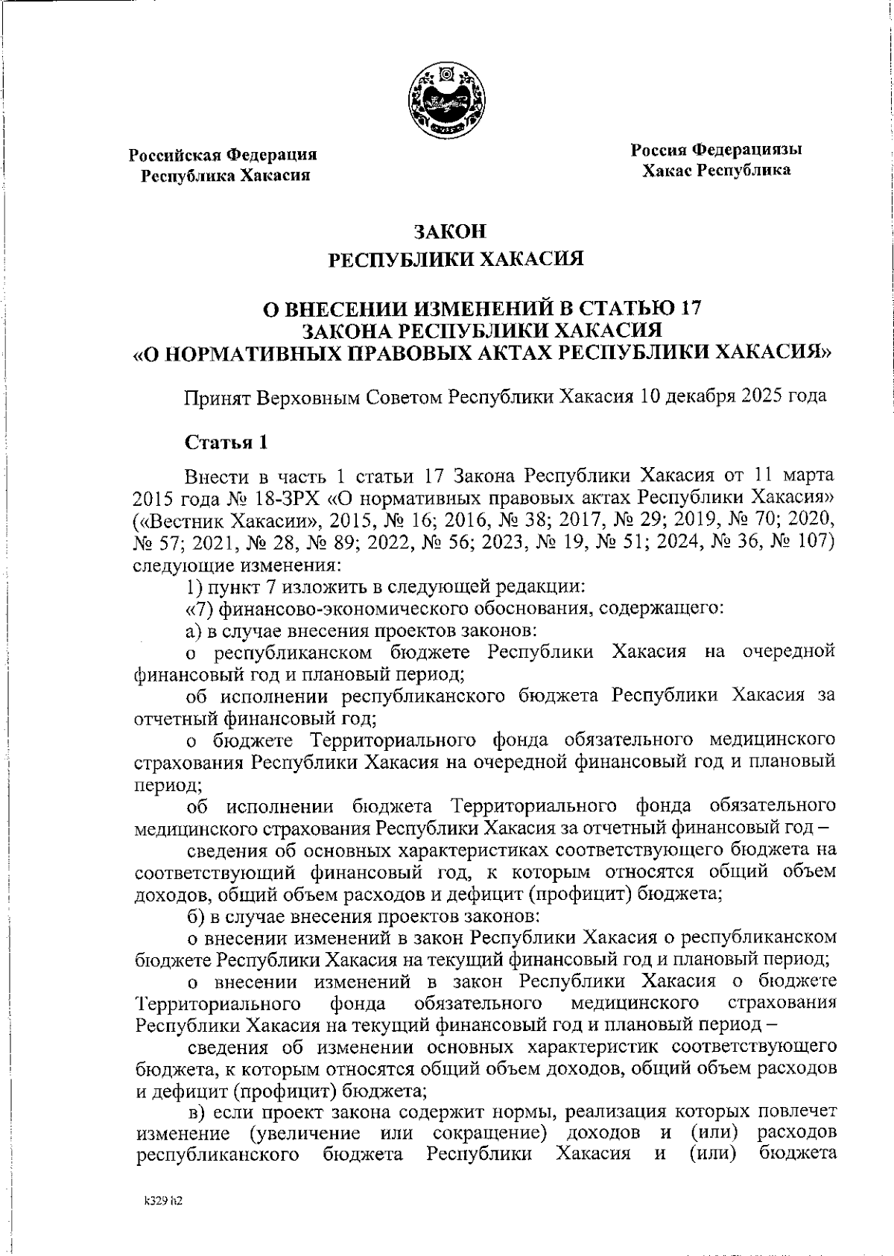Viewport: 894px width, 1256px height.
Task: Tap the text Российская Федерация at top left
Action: [223, 156]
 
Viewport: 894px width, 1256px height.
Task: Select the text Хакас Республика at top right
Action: [716, 171]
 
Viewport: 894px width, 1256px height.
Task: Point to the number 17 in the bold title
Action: [688, 309]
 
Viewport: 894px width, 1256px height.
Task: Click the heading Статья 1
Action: [226, 443]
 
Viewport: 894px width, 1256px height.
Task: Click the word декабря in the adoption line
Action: [700, 396]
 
